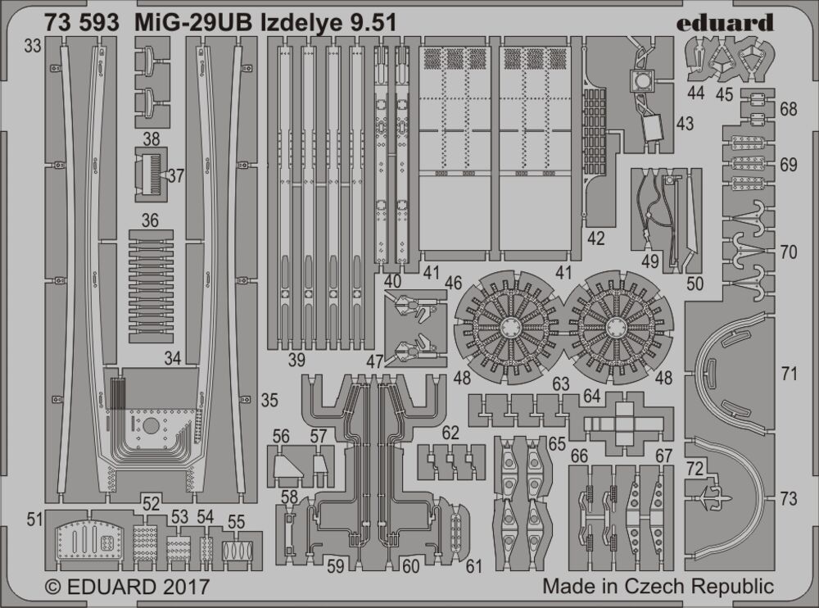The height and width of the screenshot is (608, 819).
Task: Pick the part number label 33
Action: coord(33,47)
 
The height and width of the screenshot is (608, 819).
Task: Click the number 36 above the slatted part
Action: coord(149,220)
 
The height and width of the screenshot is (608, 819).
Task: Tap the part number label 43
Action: coord(685,124)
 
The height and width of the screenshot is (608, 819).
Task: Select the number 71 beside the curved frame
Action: coord(789,374)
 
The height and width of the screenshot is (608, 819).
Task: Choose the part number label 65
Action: coord(558,445)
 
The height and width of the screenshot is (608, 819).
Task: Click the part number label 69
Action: coord(789,165)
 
